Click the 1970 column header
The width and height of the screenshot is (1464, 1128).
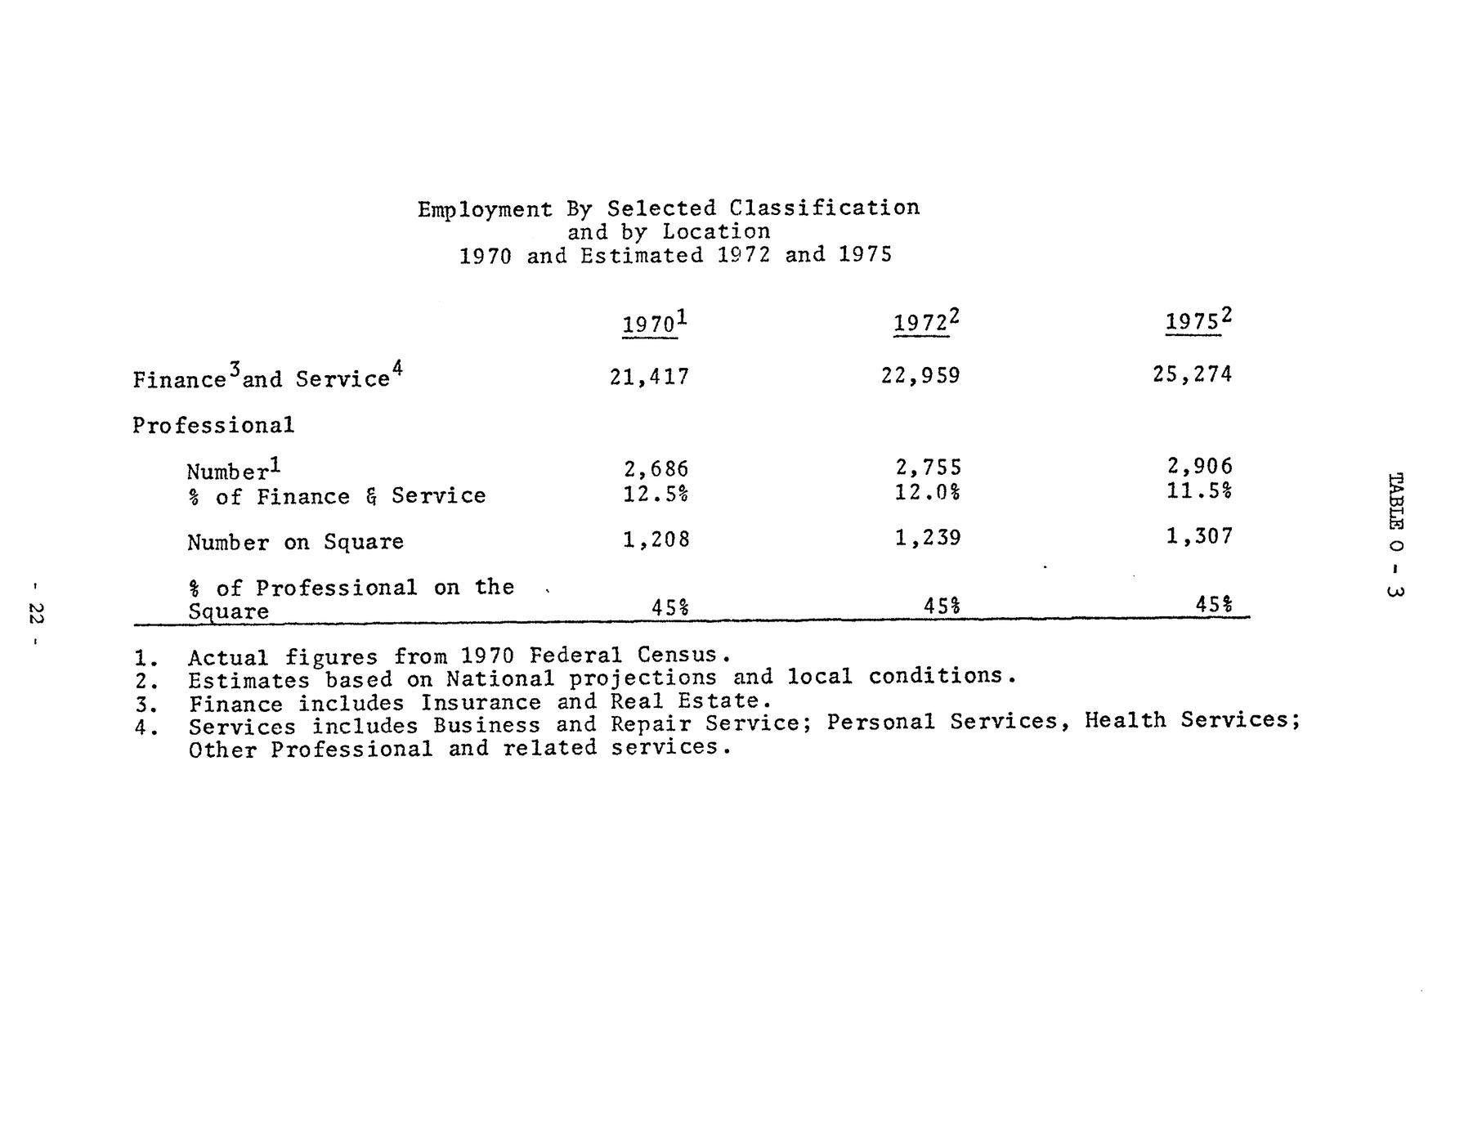[x=652, y=324]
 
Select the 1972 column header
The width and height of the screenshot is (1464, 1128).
[x=924, y=322]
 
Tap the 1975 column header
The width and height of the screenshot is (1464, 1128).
[x=1196, y=320]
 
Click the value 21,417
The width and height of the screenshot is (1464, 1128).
[x=649, y=377]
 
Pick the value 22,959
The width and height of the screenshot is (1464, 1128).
[x=920, y=376]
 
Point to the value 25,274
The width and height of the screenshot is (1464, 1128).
[x=1192, y=374]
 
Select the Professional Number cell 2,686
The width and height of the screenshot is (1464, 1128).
[x=656, y=469]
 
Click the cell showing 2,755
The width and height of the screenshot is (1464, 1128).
[x=928, y=468]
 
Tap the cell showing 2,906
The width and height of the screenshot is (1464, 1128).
[x=1199, y=466]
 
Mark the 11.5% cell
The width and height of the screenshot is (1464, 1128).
[x=1199, y=490]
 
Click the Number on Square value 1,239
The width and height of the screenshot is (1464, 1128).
[x=928, y=538]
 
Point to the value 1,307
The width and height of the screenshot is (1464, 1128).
[x=1199, y=536]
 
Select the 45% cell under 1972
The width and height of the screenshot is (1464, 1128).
[x=941, y=606]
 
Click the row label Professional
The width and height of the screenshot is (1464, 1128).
[x=213, y=425]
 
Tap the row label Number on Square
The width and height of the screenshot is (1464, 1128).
[x=295, y=543]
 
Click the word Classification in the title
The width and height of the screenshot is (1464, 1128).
[x=824, y=208]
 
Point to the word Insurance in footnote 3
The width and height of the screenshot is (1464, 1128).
[x=481, y=703]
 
